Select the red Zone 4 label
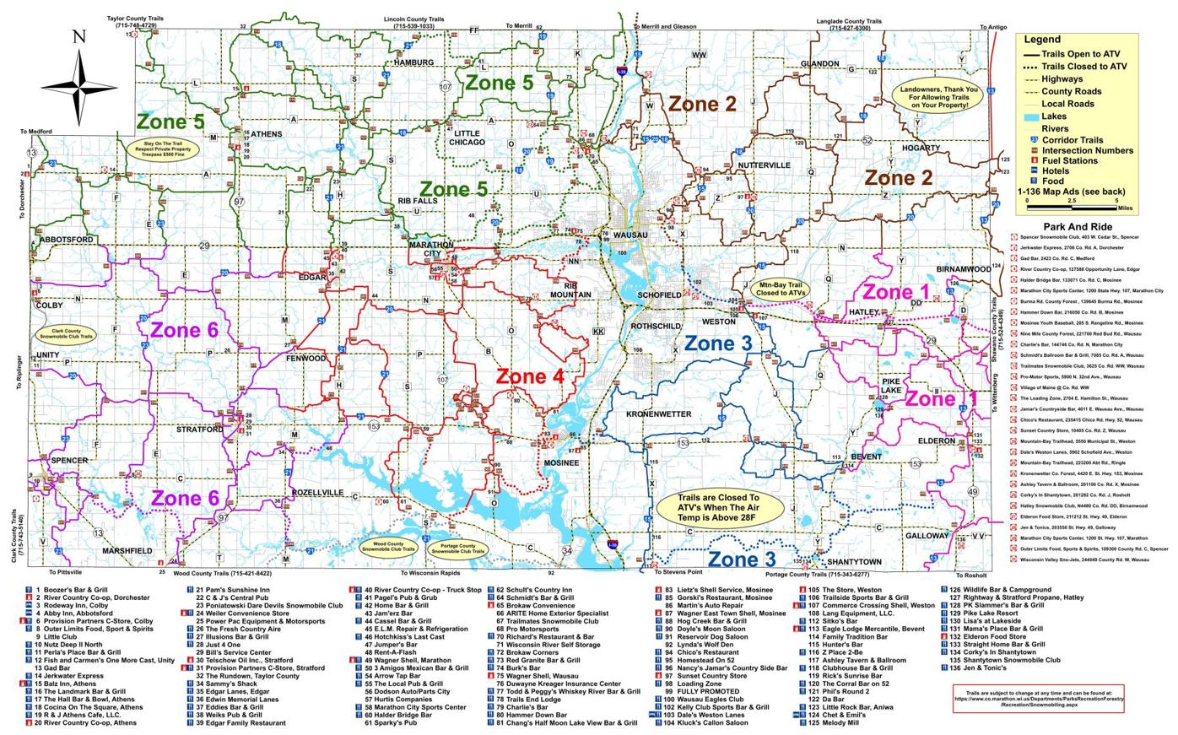tap(529, 376)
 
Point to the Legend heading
tap(1042, 39)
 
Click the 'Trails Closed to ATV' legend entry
tap(1083, 66)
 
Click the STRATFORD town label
tap(200, 430)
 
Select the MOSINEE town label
tap(561, 463)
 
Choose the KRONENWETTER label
tap(658, 414)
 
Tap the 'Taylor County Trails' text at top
tap(132, 18)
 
